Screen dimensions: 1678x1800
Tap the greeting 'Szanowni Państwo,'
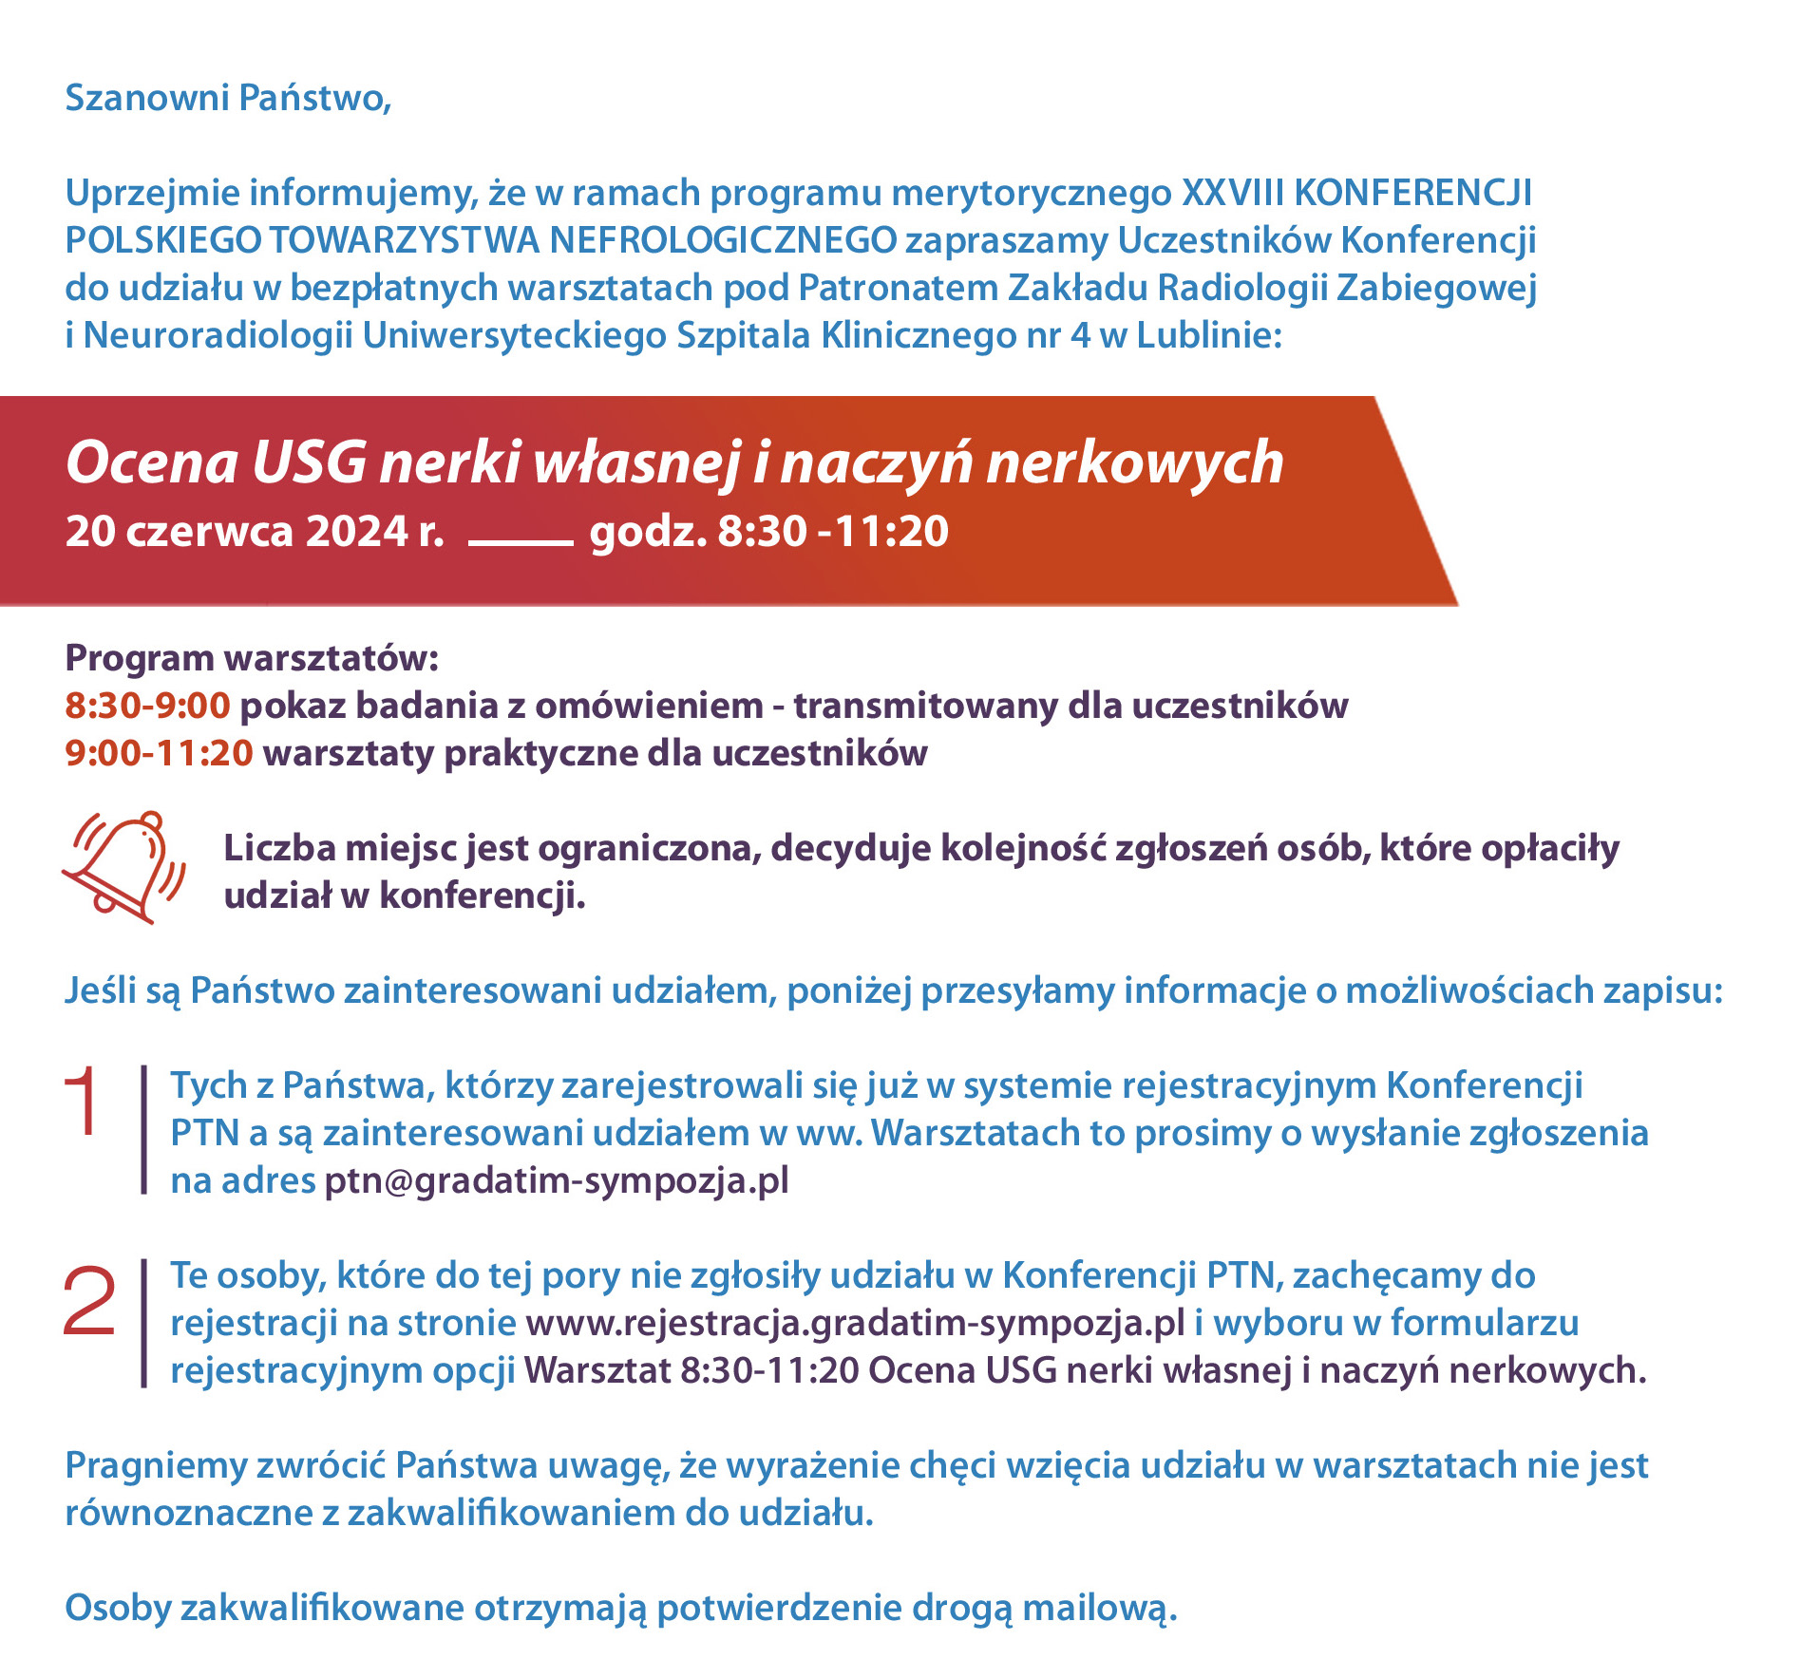pyautogui.click(x=228, y=98)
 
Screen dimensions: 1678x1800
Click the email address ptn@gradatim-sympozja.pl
pyautogui.click(x=557, y=1180)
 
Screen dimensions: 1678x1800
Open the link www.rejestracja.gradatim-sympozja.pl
pyautogui.click(x=855, y=1323)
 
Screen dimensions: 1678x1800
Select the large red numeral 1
pyautogui.click(x=83, y=1102)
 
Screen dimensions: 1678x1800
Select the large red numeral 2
pyautogui.click(x=88, y=1303)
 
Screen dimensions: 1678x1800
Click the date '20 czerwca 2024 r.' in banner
pyautogui.click(x=255, y=531)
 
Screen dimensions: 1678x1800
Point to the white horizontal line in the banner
pyautogui.click(x=521, y=542)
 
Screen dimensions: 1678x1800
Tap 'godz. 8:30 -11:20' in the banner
pyautogui.click(x=768, y=531)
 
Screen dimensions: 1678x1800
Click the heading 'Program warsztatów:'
pyautogui.click(x=252, y=658)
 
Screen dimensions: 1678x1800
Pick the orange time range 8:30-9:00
pyautogui.click(x=147, y=706)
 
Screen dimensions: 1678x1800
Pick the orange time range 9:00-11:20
pyautogui.click(x=159, y=753)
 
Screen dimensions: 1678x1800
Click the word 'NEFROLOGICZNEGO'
pyautogui.click(x=723, y=240)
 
